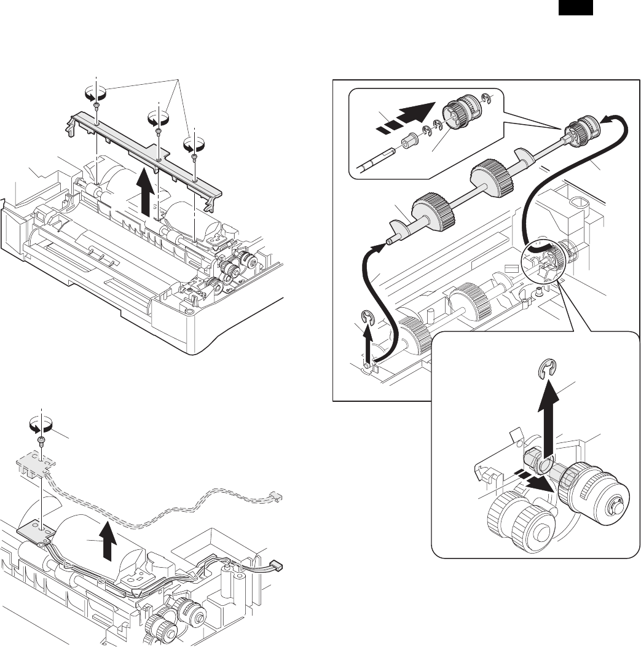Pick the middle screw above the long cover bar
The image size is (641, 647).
point(158,130)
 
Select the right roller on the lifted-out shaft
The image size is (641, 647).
point(490,176)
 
